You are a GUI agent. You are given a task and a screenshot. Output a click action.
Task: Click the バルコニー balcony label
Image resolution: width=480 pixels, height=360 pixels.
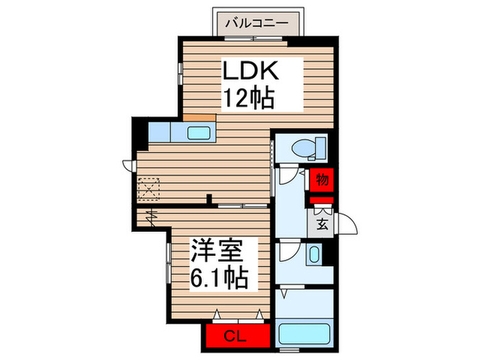[257, 23]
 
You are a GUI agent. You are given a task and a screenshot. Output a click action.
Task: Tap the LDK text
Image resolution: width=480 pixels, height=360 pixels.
[251, 71]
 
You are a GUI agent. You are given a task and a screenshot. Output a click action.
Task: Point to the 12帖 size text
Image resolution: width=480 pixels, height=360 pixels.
[249, 98]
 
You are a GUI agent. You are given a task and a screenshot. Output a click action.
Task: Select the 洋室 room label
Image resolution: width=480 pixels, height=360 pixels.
[217, 250]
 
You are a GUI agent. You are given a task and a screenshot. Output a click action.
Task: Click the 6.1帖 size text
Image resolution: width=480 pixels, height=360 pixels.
[219, 278]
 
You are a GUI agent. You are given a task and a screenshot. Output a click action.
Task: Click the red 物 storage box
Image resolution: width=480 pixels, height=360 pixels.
[321, 180]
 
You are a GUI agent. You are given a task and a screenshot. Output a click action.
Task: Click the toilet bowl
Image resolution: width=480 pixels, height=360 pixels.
[303, 149]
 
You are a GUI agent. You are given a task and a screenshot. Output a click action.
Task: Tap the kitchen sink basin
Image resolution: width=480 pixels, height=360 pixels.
[199, 133]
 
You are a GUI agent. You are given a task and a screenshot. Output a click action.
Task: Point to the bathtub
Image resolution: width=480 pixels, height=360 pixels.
[304, 334]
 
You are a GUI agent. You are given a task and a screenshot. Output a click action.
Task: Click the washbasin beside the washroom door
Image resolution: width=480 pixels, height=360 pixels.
[314, 254]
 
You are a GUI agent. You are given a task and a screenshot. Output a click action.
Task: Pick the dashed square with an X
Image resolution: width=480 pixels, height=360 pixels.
[149, 189]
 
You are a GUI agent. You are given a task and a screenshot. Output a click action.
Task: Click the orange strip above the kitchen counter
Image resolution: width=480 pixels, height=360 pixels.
[200, 117]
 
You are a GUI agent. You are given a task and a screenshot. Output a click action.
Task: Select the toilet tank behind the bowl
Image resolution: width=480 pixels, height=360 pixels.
[321, 148]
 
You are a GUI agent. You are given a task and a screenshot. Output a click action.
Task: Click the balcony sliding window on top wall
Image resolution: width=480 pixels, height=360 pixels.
[254, 38]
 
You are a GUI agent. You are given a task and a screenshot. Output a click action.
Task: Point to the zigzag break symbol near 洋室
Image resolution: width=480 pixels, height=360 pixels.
[152, 217]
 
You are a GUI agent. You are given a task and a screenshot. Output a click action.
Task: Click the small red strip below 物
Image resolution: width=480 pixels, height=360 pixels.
[321, 200]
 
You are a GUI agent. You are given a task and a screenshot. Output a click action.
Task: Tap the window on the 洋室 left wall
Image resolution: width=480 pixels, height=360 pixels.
[169, 263]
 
